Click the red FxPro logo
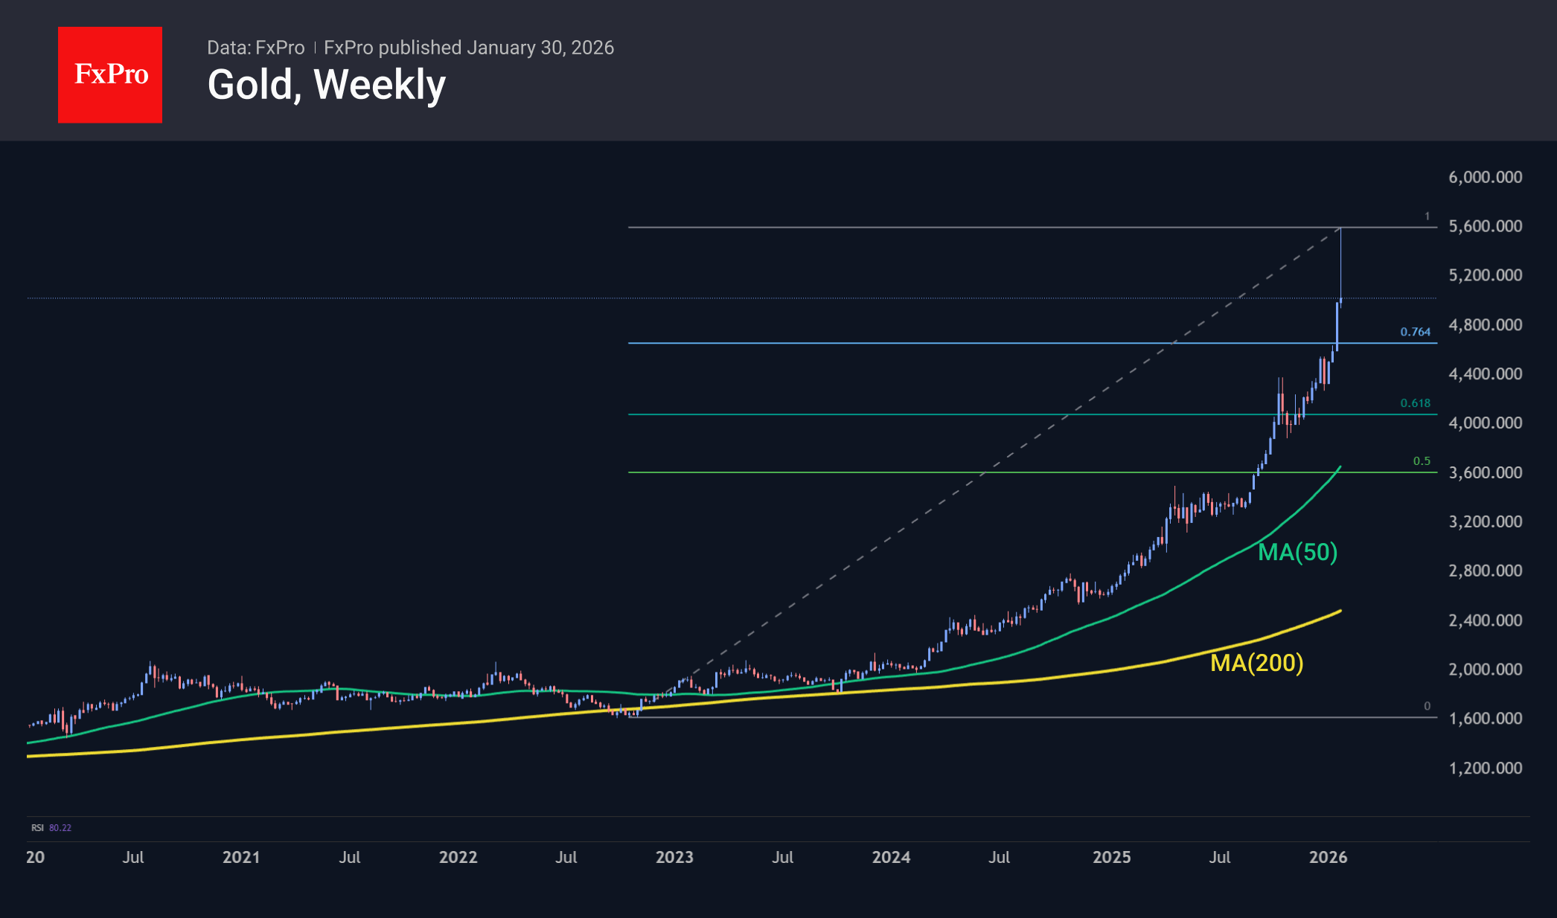(110, 75)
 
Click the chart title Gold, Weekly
(326, 85)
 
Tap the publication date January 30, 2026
(540, 48)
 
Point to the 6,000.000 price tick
(1485, 177)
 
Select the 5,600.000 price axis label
(1485, 226)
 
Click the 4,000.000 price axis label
(1485, 423)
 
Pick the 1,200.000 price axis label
(1485, 768)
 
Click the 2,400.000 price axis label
(1485, 620)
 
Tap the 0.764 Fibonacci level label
(1415, 332)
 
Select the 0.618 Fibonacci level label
(1415, 403)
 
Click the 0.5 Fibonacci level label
(1422, 461)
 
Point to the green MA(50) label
(1297, 552)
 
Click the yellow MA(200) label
(1256, 663)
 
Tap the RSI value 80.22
(60, 828)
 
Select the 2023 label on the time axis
(674, 857)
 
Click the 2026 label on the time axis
(1328, 857)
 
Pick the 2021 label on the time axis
(241, 857)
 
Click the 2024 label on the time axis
(891, 857)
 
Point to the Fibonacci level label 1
(1427, 216)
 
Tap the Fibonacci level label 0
(1427, 706)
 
